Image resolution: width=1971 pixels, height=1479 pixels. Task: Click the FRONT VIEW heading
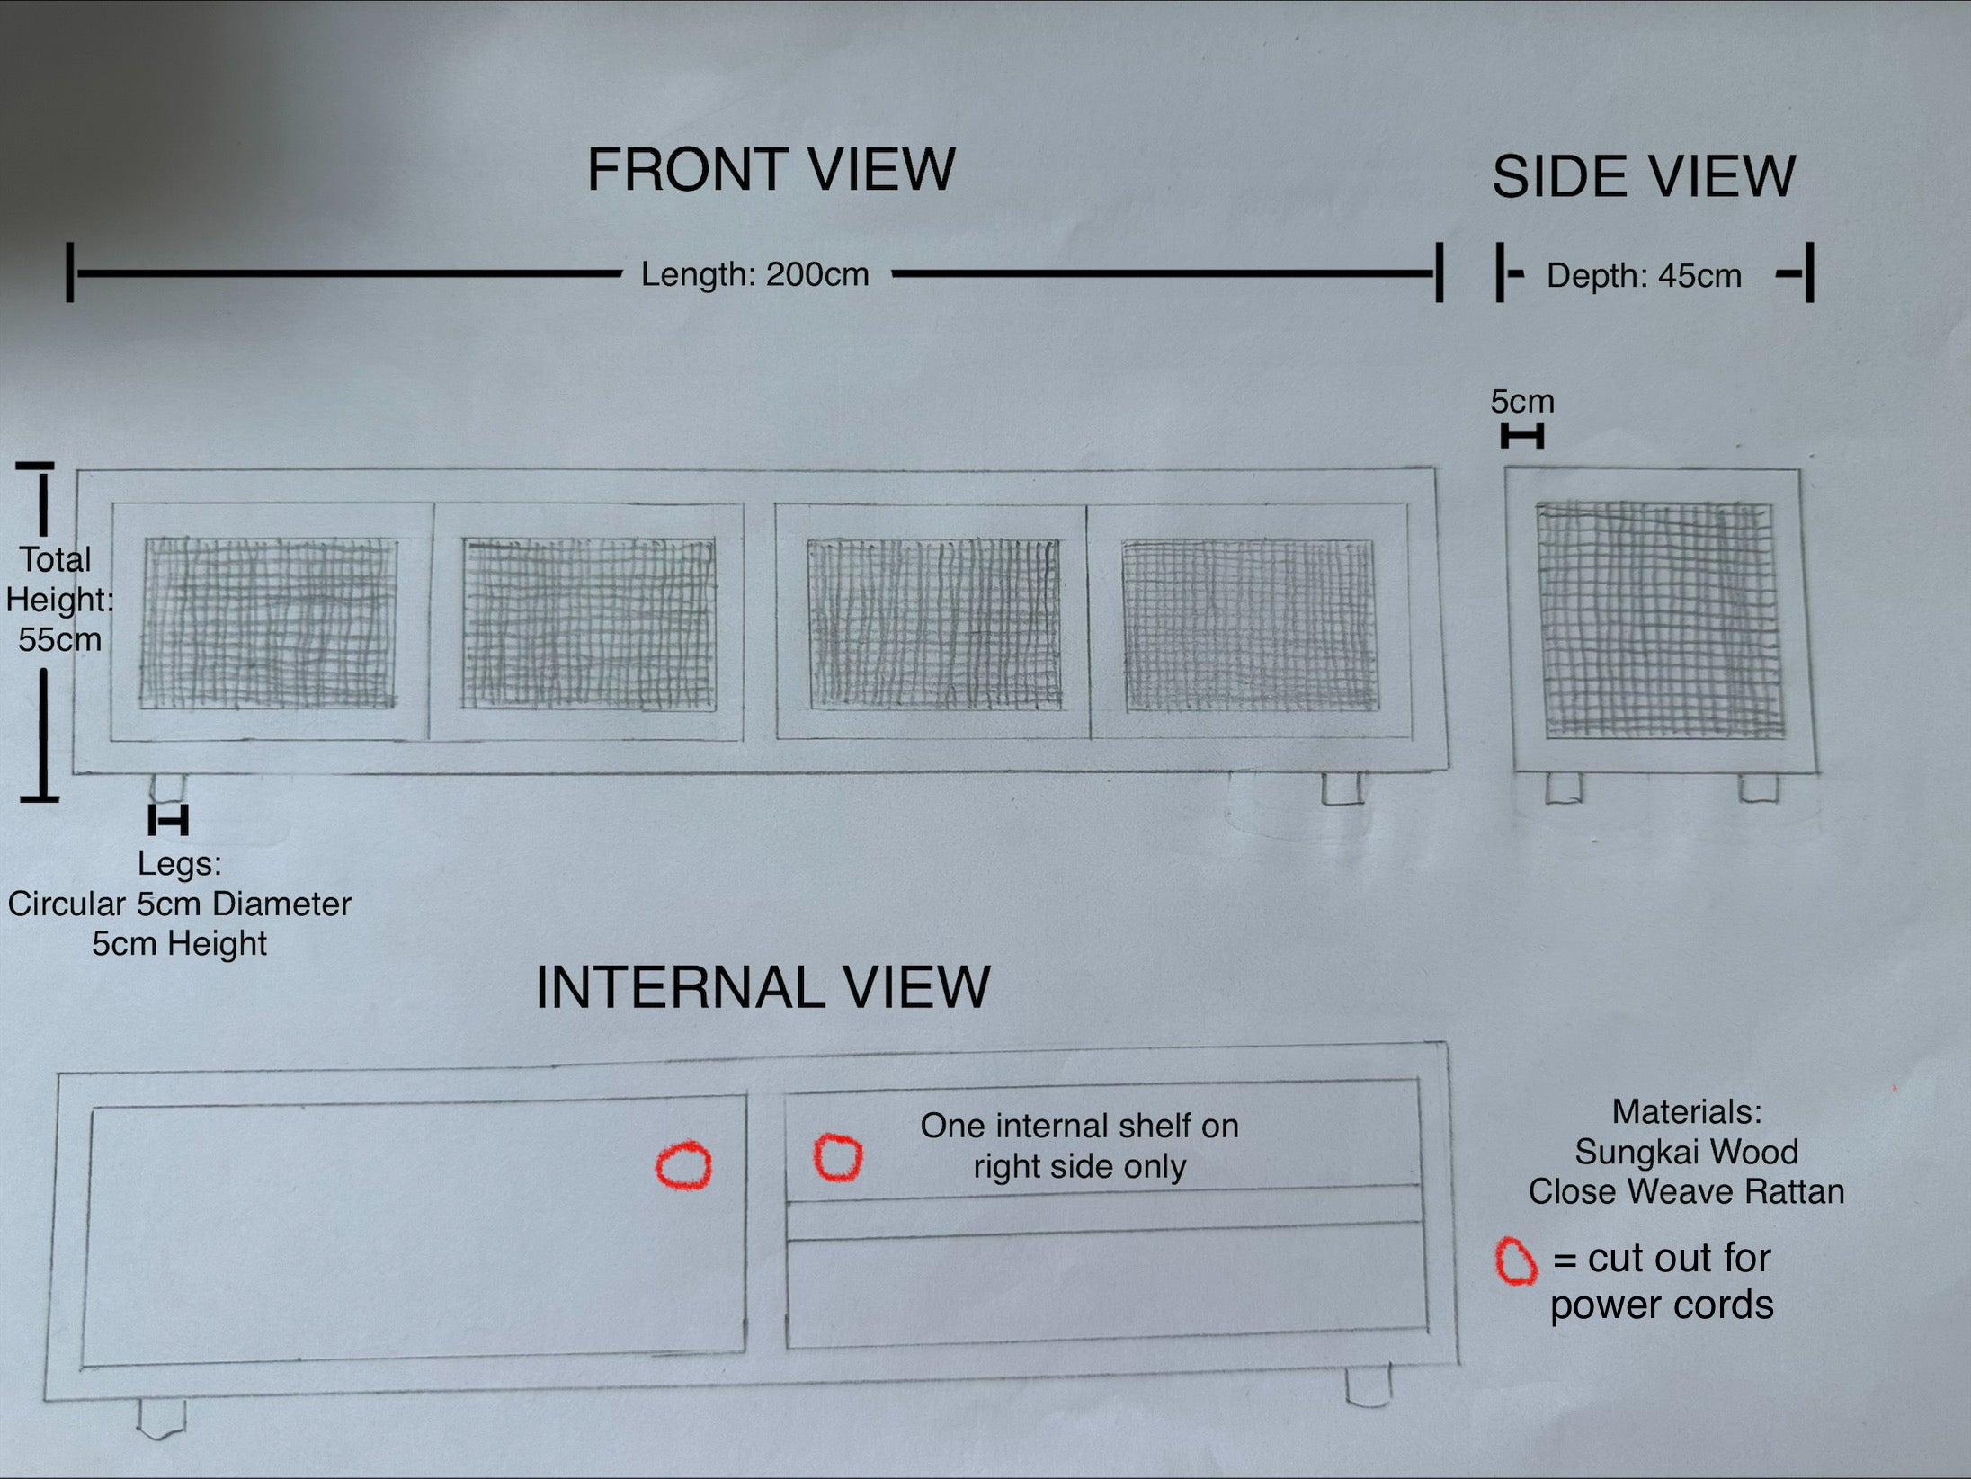click(771, 169)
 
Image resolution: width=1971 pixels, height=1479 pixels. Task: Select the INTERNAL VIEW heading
click(763, 986)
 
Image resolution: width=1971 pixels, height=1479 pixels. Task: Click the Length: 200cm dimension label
click(754, 274)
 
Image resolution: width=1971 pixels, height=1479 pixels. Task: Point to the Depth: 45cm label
click(1644, 275)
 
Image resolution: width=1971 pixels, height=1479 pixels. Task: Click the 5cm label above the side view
click(1522, 401)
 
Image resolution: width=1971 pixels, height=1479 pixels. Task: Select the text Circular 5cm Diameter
click(179, 904)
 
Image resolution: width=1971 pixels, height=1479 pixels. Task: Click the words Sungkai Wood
click(1686, 1152)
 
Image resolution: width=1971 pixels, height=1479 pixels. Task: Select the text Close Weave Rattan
click(1686, 1191)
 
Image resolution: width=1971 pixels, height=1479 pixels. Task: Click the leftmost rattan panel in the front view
click(268, 623)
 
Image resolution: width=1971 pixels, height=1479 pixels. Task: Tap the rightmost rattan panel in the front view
click(1250, 626)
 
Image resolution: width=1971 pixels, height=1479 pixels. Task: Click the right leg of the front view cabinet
click(1342, 789)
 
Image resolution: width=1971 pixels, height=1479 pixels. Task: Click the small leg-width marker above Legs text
click(168, 821)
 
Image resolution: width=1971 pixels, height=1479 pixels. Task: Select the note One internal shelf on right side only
click(1079, 1145)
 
